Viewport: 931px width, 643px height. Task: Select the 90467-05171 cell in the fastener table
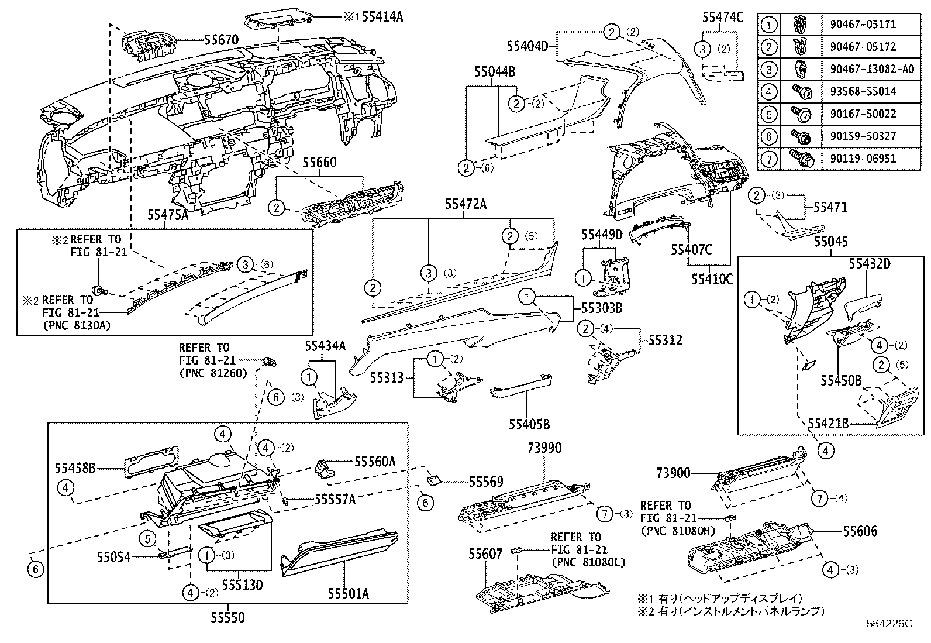tap(863, 25)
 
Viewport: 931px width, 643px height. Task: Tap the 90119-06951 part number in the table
tap(863, 159)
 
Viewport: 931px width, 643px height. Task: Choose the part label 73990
tap(544, 448)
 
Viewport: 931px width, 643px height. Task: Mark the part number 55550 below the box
tap(227, 617)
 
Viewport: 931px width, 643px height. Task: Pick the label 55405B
tap(529, 424)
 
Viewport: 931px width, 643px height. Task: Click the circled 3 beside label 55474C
tap(704, 49)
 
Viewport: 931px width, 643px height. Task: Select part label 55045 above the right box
tap(831, 242)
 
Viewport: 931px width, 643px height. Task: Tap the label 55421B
tap(828, 422)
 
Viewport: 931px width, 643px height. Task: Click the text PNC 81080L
tap(588, 563)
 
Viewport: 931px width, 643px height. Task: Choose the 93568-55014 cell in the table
tap(863, 92)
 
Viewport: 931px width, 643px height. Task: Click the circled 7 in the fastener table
tap(770, 159)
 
